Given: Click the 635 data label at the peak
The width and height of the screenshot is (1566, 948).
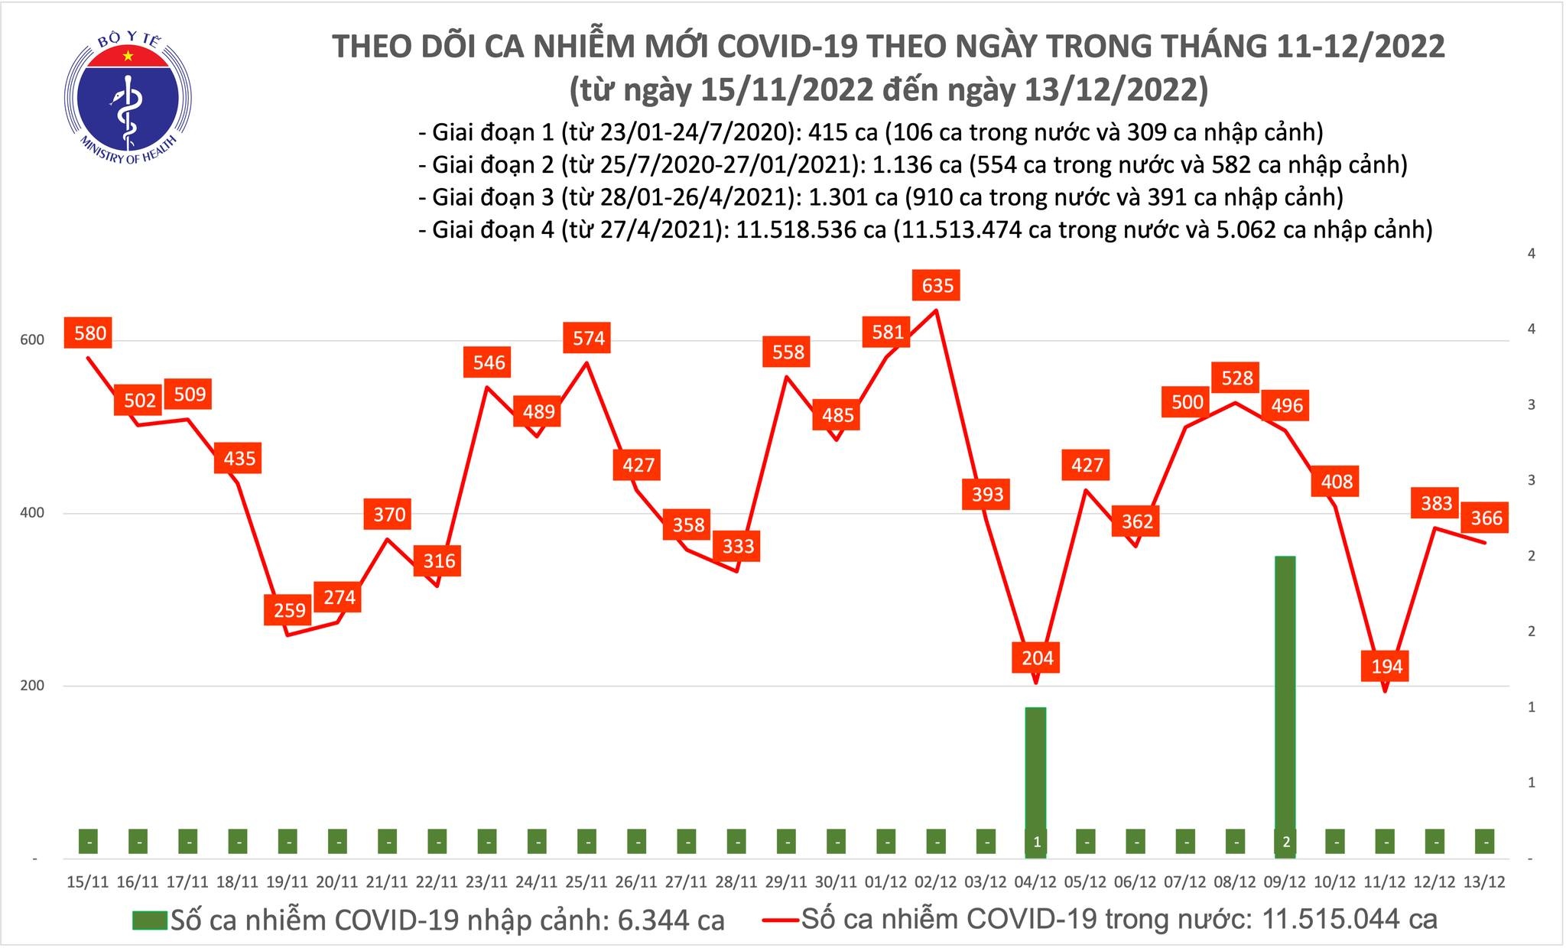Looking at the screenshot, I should [x=937, y=286].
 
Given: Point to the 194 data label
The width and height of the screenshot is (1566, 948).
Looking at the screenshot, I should [x=1386, y=666].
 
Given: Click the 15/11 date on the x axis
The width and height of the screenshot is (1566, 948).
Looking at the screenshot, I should [x=88, y=881].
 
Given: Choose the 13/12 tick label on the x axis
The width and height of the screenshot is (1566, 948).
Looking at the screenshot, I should [x=1486, y=881].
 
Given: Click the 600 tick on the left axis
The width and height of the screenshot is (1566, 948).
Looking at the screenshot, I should [x=31, y=340].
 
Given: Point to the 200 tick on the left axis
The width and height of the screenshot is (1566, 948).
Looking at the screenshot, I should [x=31, y=686].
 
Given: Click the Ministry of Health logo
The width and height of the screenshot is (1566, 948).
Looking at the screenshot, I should [x=128, y=96].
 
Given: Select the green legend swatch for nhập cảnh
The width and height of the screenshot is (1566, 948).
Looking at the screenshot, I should [x=149, y=920].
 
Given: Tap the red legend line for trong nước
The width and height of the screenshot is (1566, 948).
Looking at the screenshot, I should [x=781, y=920].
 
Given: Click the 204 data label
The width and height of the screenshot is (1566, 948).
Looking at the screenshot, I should [x=1037, y=658].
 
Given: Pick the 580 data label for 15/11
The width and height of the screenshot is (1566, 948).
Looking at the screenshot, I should [x=89, y=333].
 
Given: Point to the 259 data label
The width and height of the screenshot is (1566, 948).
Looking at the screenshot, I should [x=289, y=610].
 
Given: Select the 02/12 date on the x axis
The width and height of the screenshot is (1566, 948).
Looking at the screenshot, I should [x=936, y=881].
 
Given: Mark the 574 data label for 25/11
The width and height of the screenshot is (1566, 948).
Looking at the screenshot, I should [x=588, y=338].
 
